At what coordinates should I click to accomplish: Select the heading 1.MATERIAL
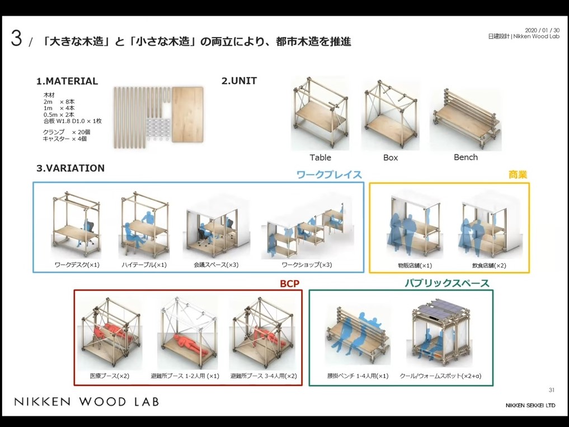tap(67, 81)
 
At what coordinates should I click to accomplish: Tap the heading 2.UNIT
tap(239, 81)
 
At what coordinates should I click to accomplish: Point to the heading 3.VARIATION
tap(70, 168)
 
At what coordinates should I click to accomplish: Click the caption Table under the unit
tap(320, 158)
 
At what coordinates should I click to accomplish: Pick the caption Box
tap(391, 158)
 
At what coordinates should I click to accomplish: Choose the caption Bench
tap(465, 157)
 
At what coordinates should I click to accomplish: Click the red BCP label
tap(290, 284)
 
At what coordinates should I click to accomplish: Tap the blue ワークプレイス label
tap(329, 175)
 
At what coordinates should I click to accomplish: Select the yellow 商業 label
tap(518, 175)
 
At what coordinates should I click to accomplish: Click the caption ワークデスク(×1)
tap(77, 265)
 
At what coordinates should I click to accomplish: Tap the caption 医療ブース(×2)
tap(109, 376)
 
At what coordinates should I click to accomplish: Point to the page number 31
tap(551, 390)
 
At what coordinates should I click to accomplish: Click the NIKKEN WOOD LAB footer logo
tap(86, 402)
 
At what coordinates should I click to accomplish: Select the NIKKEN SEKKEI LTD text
tap(530, 405)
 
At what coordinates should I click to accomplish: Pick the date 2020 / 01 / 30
tap(542, 30)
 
